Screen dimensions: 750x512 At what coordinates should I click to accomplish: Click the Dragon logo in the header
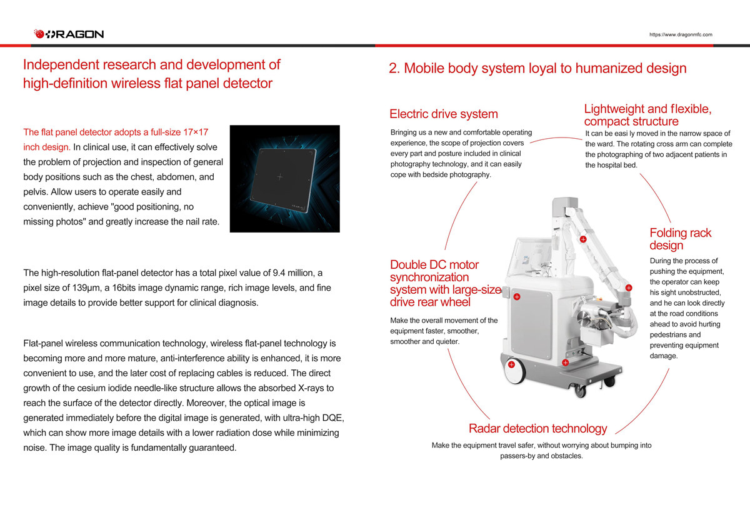click(69, 34)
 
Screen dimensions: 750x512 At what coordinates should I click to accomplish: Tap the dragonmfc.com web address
click(681, 34)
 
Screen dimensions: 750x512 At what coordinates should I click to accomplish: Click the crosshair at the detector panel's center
click(280, 177)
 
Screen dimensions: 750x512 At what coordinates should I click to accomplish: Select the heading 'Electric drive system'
click(444, 114)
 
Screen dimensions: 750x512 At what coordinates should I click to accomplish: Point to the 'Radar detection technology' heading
click(537, 428)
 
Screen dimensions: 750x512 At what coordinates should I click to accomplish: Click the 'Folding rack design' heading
click(681, 239)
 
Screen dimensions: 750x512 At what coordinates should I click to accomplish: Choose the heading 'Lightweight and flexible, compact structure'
click(648, 115)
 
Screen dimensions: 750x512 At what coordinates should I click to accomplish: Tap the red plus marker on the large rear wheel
click(511, 364)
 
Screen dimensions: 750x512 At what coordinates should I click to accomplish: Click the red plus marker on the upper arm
click(583, 239)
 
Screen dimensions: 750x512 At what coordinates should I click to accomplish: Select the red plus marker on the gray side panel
click(517, 297)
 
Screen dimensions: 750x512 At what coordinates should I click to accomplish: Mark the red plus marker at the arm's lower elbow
click(629, 288)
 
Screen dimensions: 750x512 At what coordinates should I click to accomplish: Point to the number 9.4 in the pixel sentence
click(279, 273)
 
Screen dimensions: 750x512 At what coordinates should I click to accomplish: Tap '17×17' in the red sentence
click(196, 133)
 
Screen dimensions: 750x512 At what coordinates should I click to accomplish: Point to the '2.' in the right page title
click(394, 68)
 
